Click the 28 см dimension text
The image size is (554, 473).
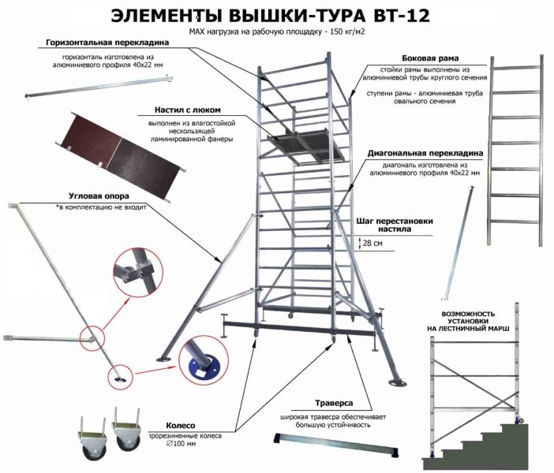click(x=372, y=244)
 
